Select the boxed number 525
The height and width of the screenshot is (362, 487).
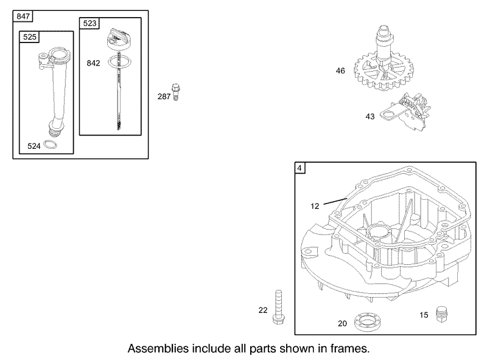[29, 37]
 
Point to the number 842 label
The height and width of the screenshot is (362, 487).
[93, 63]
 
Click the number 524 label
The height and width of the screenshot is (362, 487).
[35, 145]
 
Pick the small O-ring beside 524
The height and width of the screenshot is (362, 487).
[52, 145]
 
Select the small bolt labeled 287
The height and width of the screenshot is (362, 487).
[177, 92]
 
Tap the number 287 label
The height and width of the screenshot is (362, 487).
[164, 96]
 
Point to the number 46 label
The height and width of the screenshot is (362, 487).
[340, 71]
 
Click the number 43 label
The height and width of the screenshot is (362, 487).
[370, 117]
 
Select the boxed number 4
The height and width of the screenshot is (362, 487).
[300, 168]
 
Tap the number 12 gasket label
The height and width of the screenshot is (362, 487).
[315, 206]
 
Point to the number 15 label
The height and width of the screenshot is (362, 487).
[424, 315]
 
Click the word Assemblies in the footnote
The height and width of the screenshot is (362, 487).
[155, 349]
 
